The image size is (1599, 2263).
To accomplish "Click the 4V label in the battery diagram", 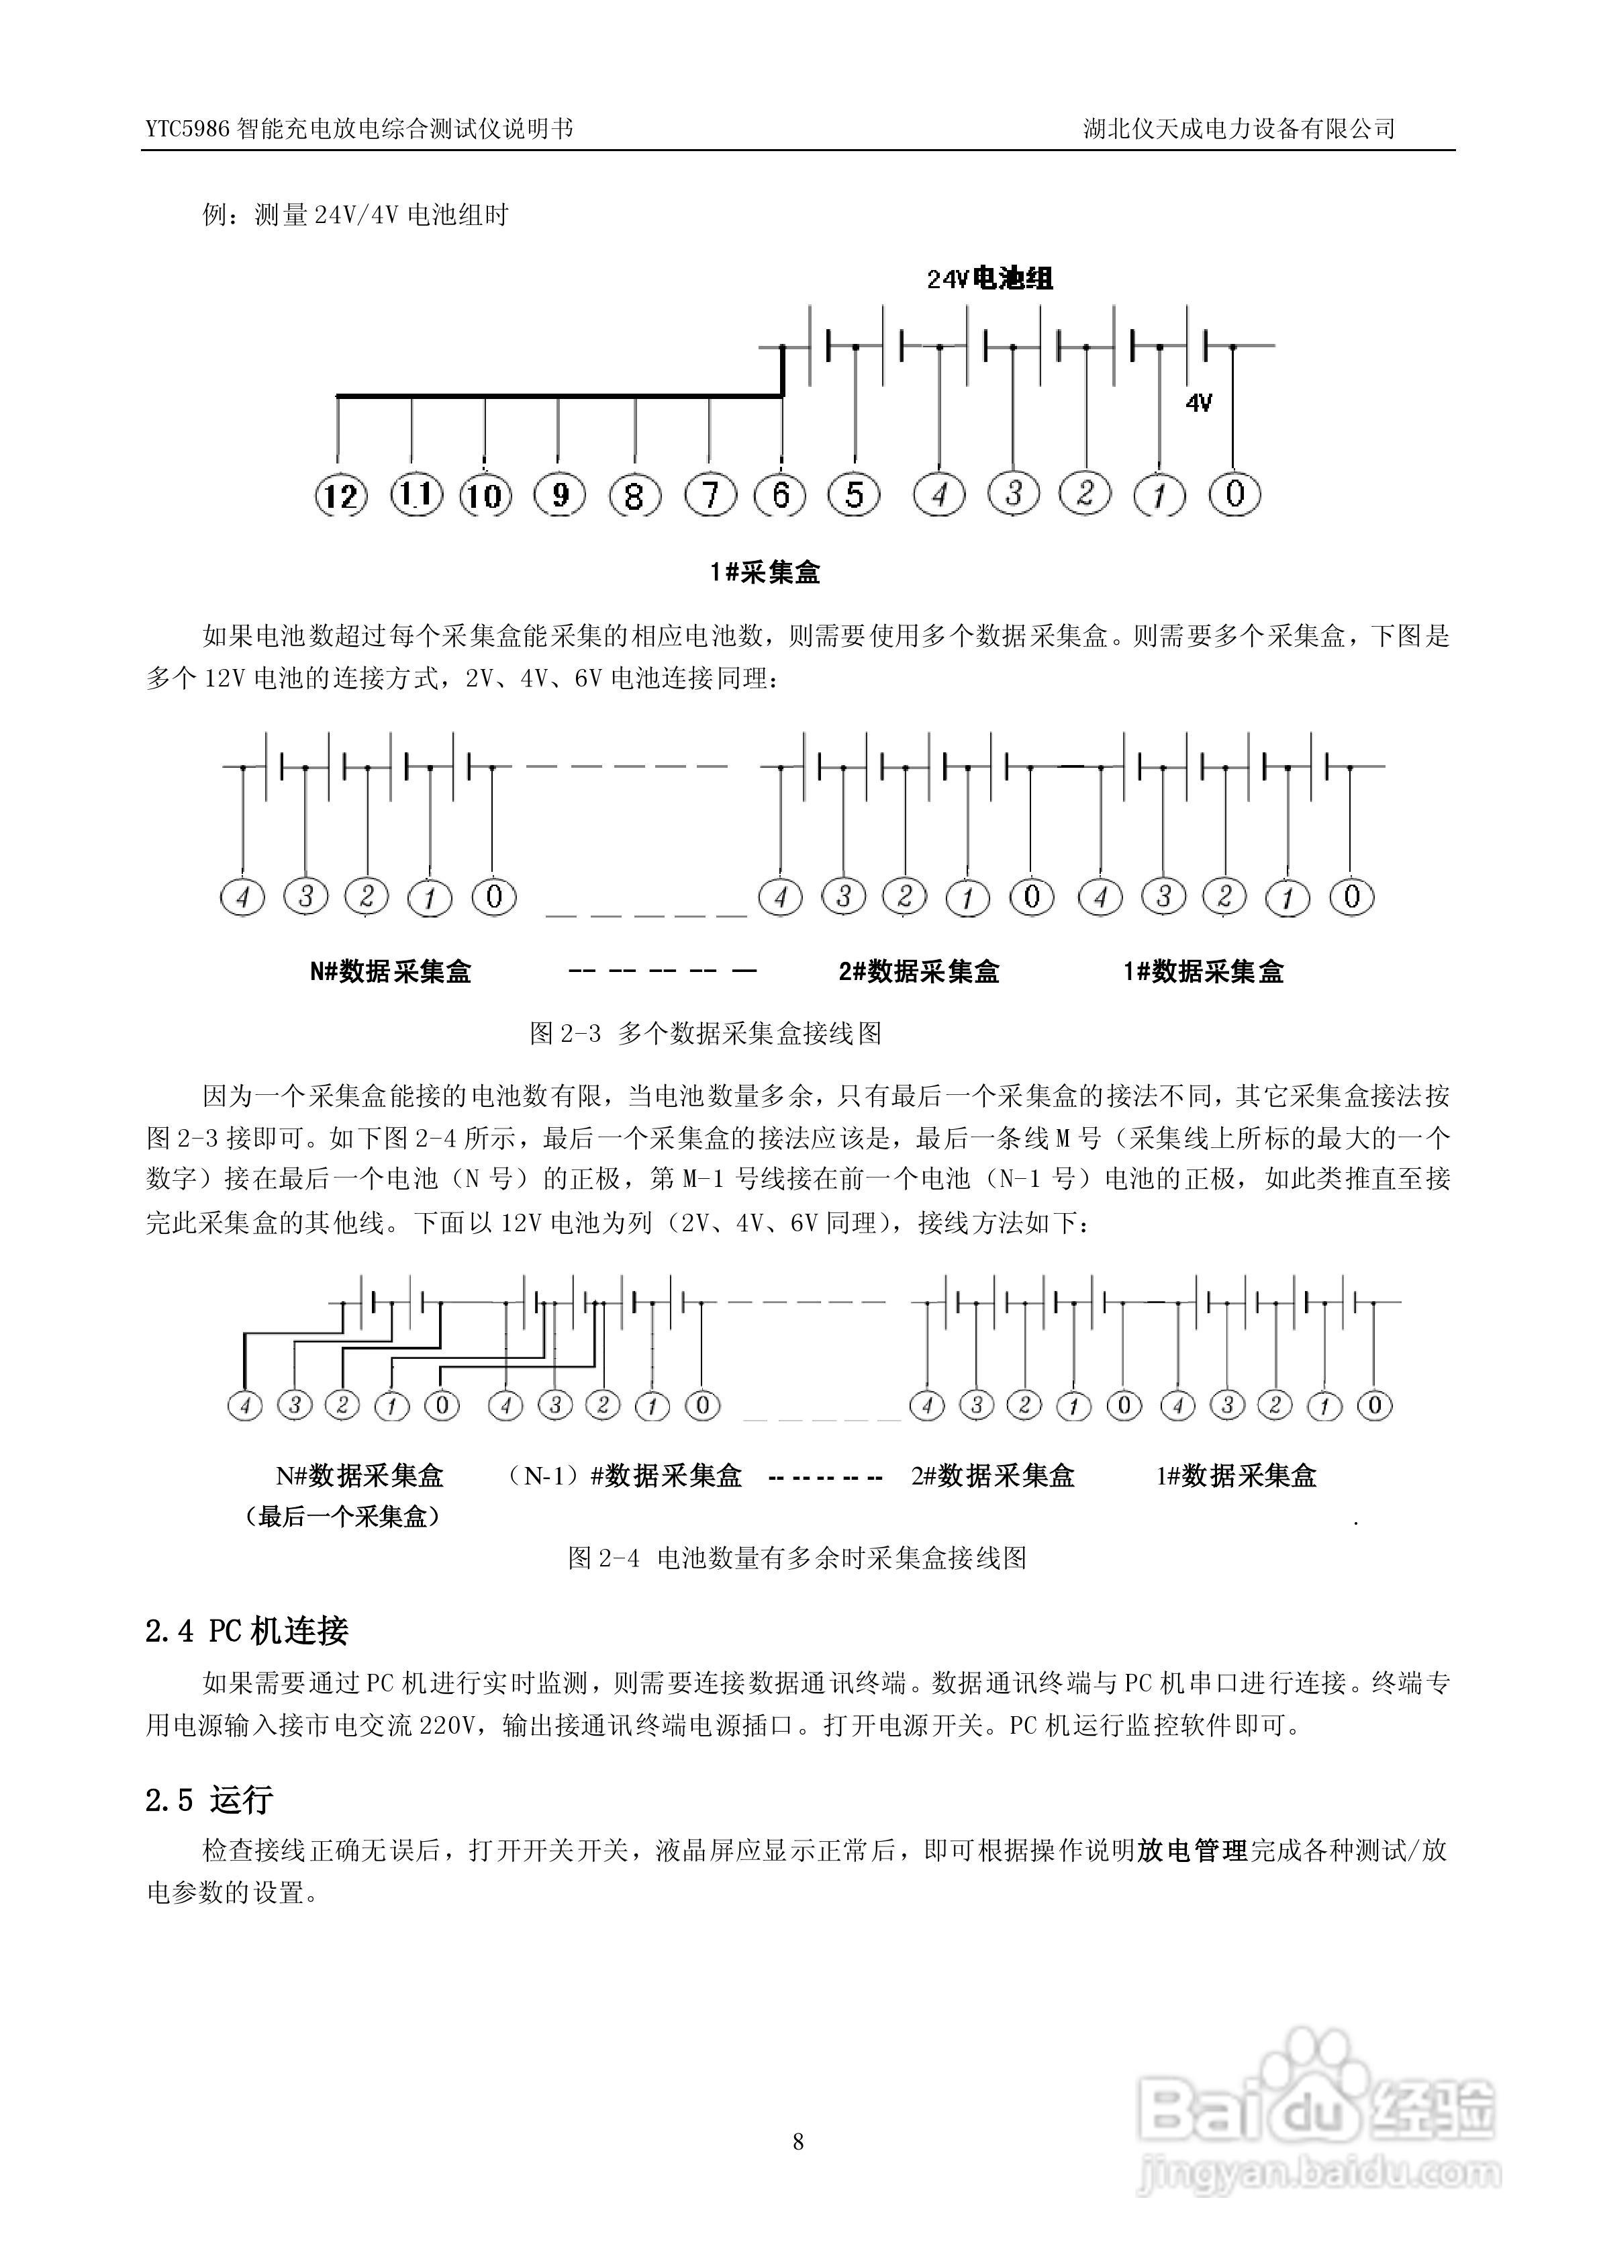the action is [1198, 402].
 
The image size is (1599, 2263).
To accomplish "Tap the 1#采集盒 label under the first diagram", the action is [765, 573].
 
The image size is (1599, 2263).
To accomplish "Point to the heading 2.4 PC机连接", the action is [246, 1631].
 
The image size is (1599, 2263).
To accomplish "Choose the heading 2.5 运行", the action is [209, 1800].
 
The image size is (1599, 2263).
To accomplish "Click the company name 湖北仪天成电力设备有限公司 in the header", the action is [1239, 129].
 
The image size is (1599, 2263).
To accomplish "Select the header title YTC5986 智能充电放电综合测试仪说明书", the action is [358, 129].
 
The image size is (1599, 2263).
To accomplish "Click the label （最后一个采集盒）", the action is [342, 1517].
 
